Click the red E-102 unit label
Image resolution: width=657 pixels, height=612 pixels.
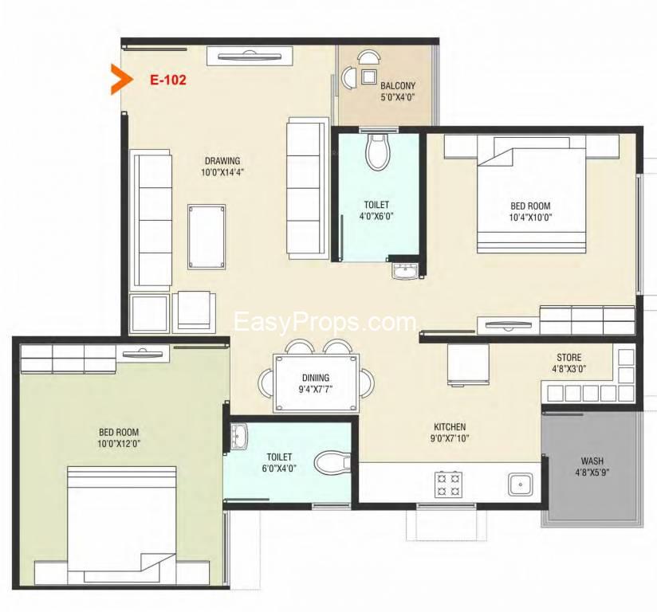[168, 80]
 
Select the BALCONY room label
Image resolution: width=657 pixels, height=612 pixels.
[398, 86]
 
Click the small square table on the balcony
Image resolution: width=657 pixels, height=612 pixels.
[369, 76]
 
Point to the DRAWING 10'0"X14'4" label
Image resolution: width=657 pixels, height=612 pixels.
[222, 167]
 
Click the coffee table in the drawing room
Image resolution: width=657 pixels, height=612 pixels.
[207, 237]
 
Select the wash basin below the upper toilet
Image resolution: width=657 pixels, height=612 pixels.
[405, 270]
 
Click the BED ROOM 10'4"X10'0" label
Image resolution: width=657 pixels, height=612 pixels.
[530, 211]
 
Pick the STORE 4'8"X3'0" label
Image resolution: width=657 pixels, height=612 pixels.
[569, 363]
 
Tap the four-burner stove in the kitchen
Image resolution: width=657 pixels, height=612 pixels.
[448, 484]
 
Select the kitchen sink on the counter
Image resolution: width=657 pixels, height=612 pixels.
[521, 484]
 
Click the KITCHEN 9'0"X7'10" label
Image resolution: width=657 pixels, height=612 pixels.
[450, 433]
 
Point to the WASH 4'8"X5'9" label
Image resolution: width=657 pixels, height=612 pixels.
[592, 467]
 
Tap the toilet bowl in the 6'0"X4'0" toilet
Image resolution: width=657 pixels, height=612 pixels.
[332, 463]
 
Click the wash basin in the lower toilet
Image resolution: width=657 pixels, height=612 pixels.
[239, 437]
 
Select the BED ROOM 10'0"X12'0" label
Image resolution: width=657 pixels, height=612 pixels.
[119, 437]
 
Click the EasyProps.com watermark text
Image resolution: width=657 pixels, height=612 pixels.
[325, 322]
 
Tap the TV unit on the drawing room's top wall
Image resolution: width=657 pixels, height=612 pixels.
[250, 56]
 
